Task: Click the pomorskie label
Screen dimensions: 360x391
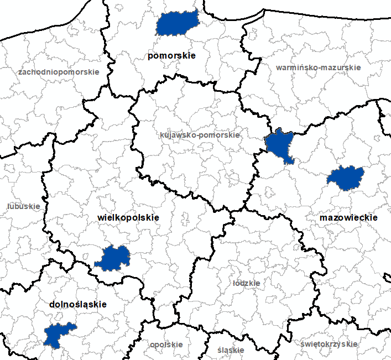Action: point(171,56)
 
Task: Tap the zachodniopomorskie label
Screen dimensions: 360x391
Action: point(59,72)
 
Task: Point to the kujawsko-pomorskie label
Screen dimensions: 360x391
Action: point(200,135)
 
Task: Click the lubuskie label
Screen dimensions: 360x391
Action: point(24,206)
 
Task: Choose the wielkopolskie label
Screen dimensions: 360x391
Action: point(128,218)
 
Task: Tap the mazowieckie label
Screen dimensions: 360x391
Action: point(348,218)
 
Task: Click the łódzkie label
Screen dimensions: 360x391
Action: point(247,283)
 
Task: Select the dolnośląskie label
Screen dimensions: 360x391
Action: point(78,304)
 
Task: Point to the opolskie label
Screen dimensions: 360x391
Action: point(166,344)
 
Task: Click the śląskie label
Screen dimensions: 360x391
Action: point(231,350)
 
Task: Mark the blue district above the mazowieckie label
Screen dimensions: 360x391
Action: point(344,178)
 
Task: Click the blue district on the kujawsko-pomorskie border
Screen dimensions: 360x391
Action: point(280,145)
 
